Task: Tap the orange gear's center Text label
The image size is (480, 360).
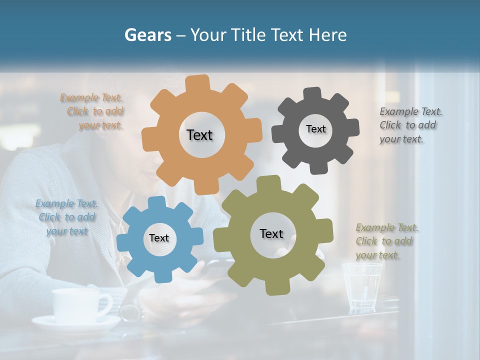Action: tap(199, 135)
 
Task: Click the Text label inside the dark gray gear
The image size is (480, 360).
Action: tap(315, 129)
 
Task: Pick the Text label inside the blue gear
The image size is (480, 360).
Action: tap(159, 238)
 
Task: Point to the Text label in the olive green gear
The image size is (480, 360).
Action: tap(271, 233)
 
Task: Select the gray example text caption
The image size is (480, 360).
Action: tap(410, 125)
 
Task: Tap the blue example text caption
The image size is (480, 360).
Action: tap(66, 217)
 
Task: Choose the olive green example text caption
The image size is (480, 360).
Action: tap(386, 241)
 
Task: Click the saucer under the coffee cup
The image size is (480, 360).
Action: tap(75, 323)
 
